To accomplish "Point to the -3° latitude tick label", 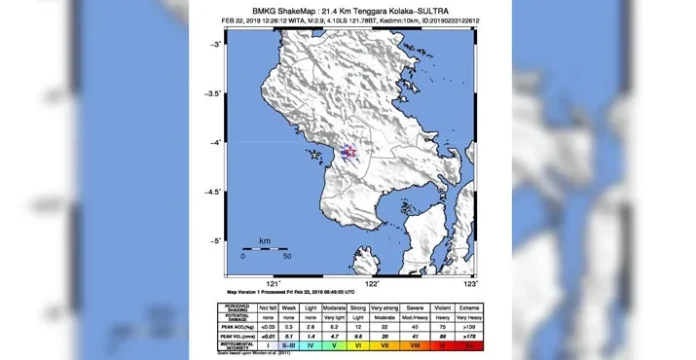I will click(x=215, y=45).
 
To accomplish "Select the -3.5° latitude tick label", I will click(x=213, y=94).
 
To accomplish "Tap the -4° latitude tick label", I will click(x=215, y=143).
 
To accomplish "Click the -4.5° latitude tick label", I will click(x=213, y=192).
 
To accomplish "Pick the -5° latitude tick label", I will click(x=215, y=241).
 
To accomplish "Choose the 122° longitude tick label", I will click(x=372, y=285).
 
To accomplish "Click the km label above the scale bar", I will click(x=264, y=241).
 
